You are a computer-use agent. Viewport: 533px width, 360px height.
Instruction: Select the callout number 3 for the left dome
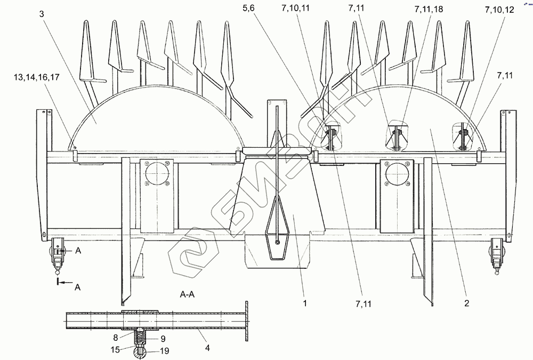[42, 13]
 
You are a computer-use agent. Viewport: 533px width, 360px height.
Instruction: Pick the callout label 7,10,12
[499, 10]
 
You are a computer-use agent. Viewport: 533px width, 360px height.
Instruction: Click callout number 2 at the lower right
[466, 304]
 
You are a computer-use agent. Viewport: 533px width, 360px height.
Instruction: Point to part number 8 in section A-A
[116, 337]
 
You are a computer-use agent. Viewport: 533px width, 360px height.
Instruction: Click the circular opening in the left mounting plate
[157, 174]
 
